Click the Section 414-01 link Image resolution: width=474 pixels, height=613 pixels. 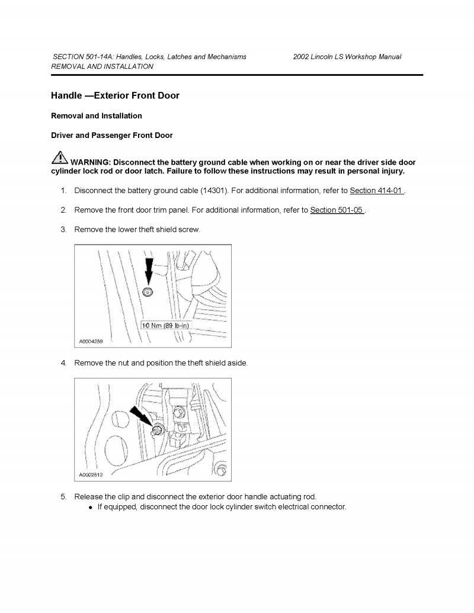click(x=377, y=191)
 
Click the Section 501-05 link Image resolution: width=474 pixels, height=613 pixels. click(x=337, y=210)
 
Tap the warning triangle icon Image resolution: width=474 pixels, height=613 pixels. click(x=59, y=158)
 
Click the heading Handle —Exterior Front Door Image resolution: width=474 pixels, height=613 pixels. click(x=115, y=95)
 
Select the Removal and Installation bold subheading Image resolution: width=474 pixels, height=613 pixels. click(x=97, y=115)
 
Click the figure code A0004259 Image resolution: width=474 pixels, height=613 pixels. click(x=91, y=341)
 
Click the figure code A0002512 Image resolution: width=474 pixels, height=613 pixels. click(x=91, y=475)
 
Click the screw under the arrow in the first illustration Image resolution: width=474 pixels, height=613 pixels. click(x=148, y=291)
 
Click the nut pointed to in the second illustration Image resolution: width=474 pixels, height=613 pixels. click(x=158, y=430)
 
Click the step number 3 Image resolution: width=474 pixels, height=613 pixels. click(x=63, y=229)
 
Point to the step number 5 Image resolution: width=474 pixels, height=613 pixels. click(x=63, y=496)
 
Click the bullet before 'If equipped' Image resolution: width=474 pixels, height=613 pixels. click(x=90, y=508)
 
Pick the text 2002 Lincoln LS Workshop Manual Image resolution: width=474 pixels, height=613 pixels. click(x=347, y=57)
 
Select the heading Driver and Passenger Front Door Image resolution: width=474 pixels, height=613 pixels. click(x=112, y=135)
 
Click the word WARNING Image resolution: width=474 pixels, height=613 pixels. click(x=90, y=162)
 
